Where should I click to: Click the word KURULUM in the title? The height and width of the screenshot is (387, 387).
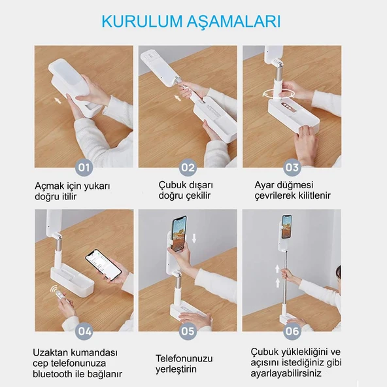click(142, 22)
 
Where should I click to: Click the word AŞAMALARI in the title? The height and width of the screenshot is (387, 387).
click(234, 22)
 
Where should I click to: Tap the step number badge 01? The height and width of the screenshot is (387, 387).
click(84, 167)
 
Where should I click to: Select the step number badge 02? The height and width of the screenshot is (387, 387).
click(188, 167)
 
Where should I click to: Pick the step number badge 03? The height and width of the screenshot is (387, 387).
click(292, 167)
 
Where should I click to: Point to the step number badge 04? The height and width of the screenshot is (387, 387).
click(84, 331)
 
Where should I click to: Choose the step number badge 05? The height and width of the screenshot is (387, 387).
click(188, 331)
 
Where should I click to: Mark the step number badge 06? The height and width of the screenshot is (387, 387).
click(292, 331)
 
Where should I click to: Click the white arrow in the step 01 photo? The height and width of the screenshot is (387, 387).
click(58, 101)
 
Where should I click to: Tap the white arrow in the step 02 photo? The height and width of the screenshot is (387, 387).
click(177, 98)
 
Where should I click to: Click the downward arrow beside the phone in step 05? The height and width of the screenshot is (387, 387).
click(194, 238)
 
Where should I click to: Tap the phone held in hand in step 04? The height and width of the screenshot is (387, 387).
click(103, 265)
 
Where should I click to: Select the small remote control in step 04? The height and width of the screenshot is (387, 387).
click(59, 295)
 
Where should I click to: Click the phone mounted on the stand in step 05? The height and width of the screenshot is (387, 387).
click(179, 234)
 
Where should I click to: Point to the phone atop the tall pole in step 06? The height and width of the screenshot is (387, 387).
click(286, 227)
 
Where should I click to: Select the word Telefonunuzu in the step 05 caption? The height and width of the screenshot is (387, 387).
click(184, 358)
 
